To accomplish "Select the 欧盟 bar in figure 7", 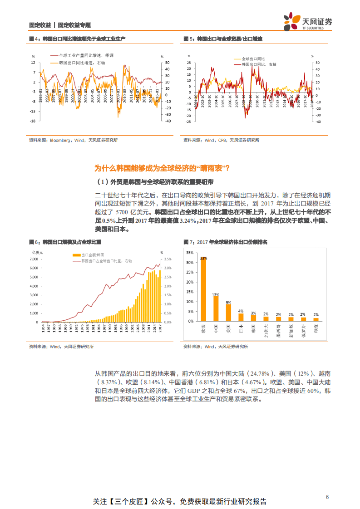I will [203, 289].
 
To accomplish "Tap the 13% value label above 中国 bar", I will [216, 294].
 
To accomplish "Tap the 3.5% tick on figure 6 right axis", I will [168, 259].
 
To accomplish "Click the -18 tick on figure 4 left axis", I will [33, 121].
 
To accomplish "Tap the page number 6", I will [327, 497].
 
